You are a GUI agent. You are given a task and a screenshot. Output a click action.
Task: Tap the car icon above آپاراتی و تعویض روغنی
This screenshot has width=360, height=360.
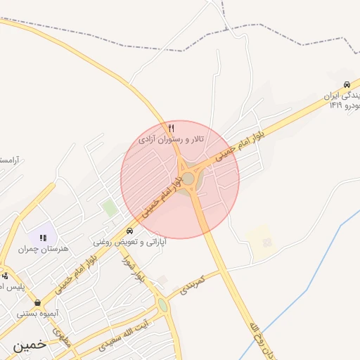(x=130, y=231)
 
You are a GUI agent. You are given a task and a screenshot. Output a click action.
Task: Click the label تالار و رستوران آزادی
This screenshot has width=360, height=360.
(x=172, y=139)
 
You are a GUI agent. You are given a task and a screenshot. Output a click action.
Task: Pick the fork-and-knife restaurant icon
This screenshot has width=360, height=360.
(x=172, y=128)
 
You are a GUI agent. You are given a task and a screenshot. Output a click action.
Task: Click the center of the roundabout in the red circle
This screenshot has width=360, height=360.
(x=188, y=179)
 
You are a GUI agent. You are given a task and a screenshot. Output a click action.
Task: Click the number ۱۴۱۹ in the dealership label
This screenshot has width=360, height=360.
(x=334, y=105)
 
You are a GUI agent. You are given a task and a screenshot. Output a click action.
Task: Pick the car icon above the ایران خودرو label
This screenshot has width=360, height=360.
(x=347, y=84)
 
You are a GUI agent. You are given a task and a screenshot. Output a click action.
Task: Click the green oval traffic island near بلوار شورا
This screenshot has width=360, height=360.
(x=163, y=305)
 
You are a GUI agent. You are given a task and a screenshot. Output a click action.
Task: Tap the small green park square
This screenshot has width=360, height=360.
(x=108, y=207)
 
